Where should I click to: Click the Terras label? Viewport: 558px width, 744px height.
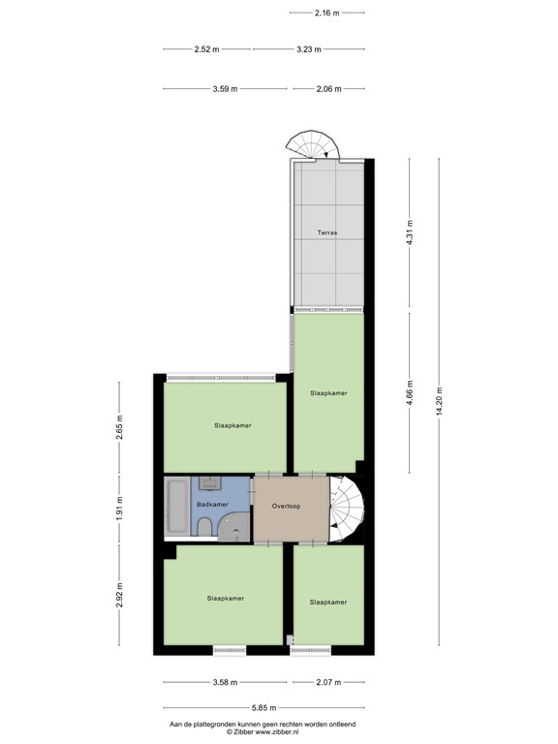point(328,233)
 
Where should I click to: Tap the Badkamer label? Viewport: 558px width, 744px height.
point(212,505)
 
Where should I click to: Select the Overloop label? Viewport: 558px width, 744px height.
point(288,506)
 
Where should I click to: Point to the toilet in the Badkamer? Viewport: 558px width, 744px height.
point(204,526)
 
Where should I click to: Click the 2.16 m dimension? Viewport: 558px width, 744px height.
point(327,13)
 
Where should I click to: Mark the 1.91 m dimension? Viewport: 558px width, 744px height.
point(119,507)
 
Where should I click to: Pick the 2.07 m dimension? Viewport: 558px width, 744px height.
point(327,682)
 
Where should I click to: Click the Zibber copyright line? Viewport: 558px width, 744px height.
point(263,732)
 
